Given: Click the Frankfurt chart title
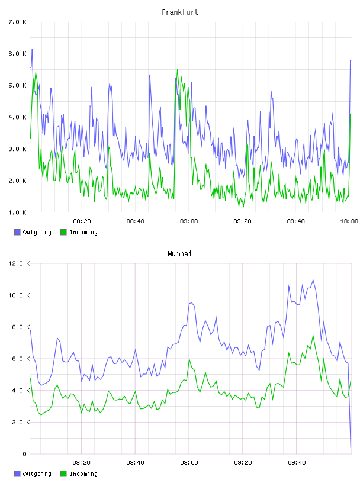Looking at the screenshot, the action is (180, 12).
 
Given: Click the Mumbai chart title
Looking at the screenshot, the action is (179, 254).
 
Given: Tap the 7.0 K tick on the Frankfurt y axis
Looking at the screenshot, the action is (18, 22).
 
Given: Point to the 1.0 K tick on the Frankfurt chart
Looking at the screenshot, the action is (18, 212).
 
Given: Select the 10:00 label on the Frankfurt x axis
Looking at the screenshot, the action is (349, 221).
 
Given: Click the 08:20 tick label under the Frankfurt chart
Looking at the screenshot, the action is (82, 221).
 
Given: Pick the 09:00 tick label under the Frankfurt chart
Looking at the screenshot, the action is (189, 221).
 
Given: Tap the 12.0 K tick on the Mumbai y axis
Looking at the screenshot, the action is (19, 263).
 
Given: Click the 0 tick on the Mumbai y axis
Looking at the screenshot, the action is (25, 454).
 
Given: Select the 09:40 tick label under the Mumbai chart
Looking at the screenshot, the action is (297, 463).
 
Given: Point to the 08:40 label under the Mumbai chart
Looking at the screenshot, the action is (136, 463).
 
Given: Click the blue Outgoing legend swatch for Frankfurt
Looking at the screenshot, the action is (17, 232).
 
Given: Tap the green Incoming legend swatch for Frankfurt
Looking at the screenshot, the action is (63, 232).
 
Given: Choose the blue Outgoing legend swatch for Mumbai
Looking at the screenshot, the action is (17, 474).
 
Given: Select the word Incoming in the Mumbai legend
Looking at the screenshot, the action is (83, 474).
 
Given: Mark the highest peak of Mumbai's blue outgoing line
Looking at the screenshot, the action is (313, 280).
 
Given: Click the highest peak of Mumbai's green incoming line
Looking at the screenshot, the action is (313, 335).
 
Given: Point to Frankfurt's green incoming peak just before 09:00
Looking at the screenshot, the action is (177, 69).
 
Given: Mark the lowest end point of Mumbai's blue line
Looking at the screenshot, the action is (351, 447).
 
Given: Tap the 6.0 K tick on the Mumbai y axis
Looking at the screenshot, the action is (19, 359).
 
